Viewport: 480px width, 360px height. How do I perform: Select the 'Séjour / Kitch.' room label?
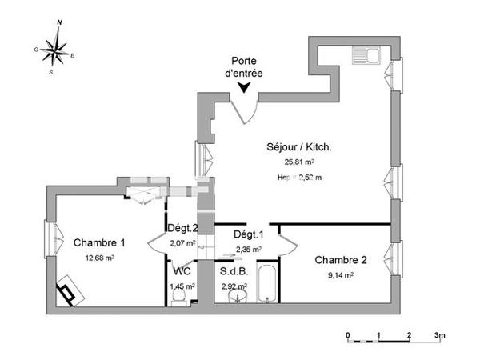point(299,147)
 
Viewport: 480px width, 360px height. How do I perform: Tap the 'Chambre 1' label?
point(100,243)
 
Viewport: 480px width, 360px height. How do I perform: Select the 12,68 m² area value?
point(99,258)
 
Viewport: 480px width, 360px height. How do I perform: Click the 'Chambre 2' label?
point(341,260)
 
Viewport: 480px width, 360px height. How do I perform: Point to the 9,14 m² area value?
point(340,274)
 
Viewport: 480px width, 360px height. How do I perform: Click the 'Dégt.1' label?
point(248,234)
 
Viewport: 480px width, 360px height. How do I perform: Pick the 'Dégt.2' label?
point(182,227)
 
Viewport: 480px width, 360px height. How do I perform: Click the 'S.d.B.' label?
point(234,271)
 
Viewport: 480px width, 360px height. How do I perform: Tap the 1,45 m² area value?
point(182,286)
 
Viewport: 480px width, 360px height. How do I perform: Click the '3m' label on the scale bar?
point(439,334)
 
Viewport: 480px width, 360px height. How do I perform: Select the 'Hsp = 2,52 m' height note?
point(299,177)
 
